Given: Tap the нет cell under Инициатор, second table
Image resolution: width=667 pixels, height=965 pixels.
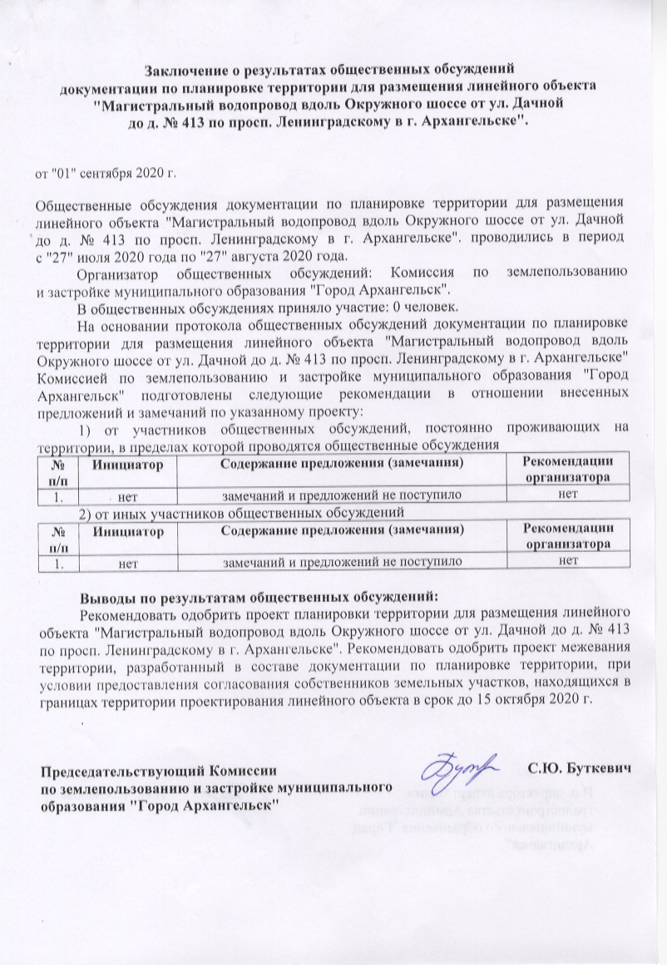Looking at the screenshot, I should pyautogui.click(x=127, y=563).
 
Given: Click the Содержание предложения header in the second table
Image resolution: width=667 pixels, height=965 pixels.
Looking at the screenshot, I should pyautogui.click(x=341, y=529).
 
